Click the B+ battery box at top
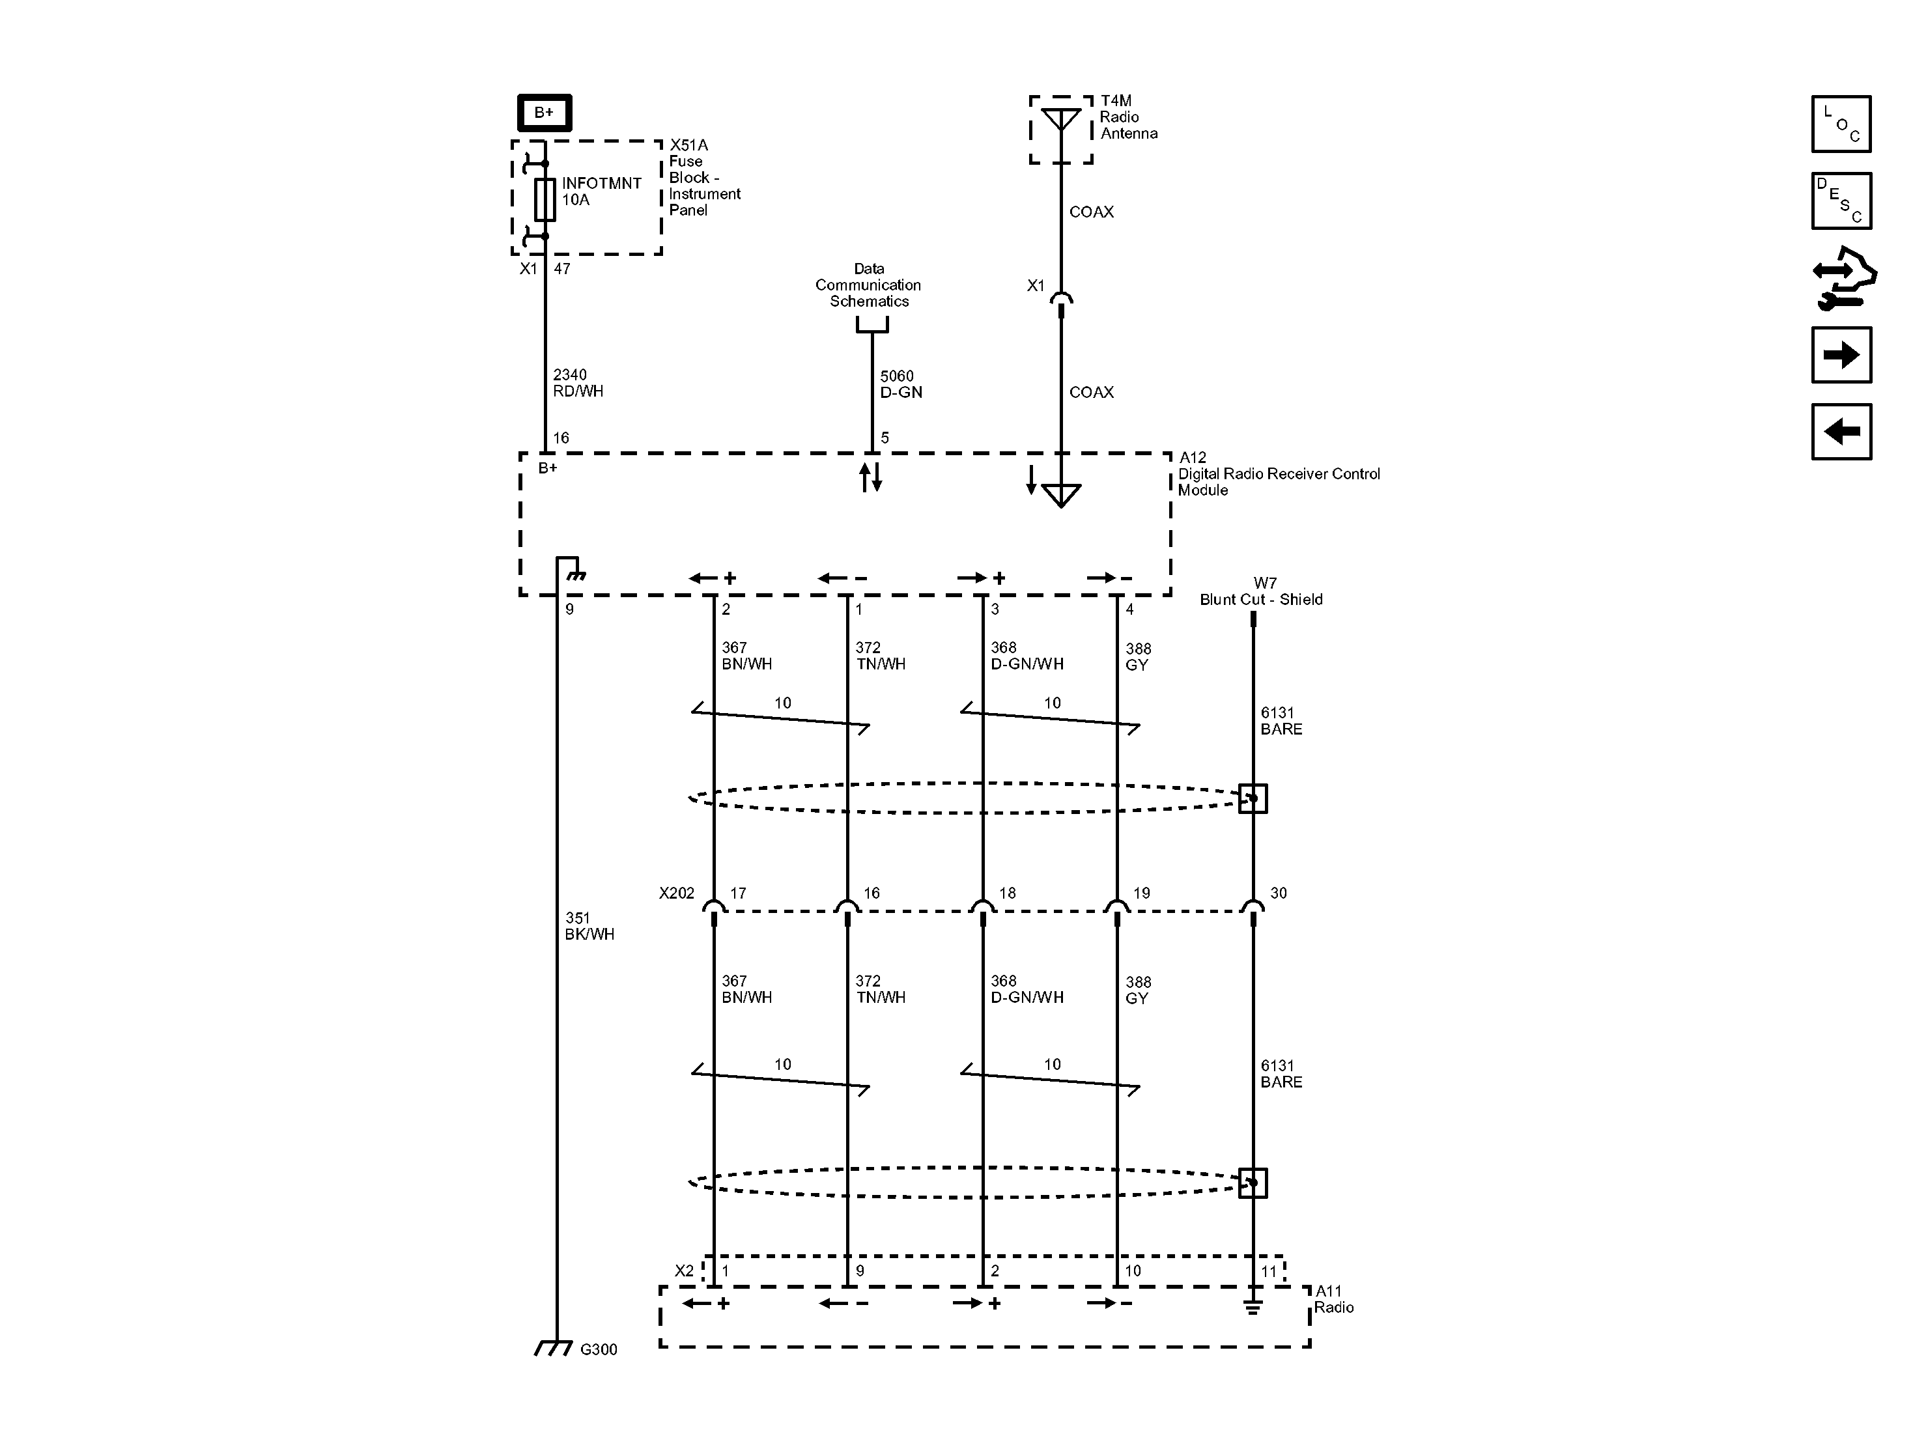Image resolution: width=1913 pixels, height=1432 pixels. pos(544,113)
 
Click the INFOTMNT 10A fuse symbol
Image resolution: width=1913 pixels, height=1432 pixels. pos(544,200)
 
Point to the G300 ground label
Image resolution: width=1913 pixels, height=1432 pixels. pos(599,1349)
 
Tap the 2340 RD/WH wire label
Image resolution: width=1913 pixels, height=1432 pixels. pos(578,383)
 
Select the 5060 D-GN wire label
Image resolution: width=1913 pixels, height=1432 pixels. pos(900,384)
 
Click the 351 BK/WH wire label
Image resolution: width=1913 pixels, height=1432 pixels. pos(589,926)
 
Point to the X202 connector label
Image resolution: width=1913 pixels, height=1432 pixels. pos(676,893)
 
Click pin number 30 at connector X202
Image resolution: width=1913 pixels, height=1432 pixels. pos(1278,893)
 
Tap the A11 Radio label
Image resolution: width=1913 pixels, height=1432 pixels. pos(1333,1299)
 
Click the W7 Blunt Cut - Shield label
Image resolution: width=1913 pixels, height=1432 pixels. pos(1261,591)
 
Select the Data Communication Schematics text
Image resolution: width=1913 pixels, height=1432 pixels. pos(868,285)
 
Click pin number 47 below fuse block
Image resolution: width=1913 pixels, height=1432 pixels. pos(562,269)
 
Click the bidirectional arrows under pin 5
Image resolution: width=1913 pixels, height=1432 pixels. pos(871,477)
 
